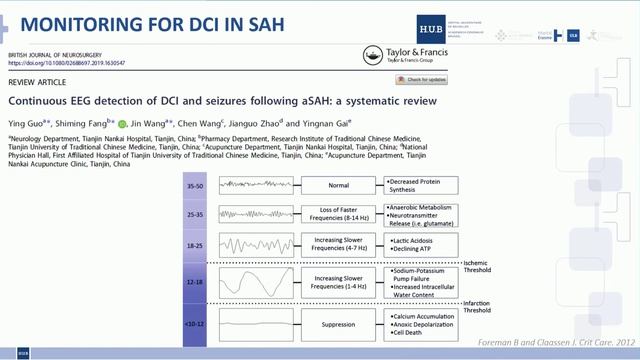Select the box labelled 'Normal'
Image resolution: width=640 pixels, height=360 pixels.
pyautogui.click(x=338, y=185)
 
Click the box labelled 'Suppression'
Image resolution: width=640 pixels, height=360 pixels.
pyautogui.click(x=338, y=324)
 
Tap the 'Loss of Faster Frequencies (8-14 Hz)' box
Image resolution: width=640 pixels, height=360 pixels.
pyautogui.click(x=338, y=213)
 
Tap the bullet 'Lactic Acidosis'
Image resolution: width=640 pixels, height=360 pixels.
pyautogui.click(x=414, y=240)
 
